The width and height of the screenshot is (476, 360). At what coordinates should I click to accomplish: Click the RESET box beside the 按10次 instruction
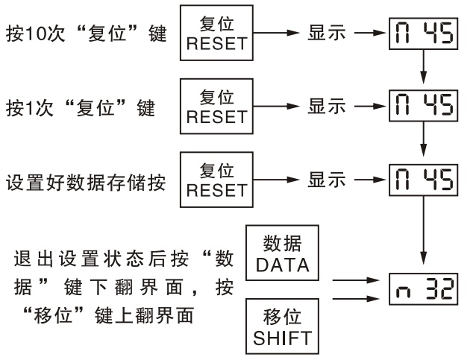[216, 35]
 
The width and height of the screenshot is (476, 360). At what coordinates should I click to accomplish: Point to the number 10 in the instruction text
[33, 35]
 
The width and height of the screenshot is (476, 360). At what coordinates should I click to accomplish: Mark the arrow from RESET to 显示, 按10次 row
[275, 35]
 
